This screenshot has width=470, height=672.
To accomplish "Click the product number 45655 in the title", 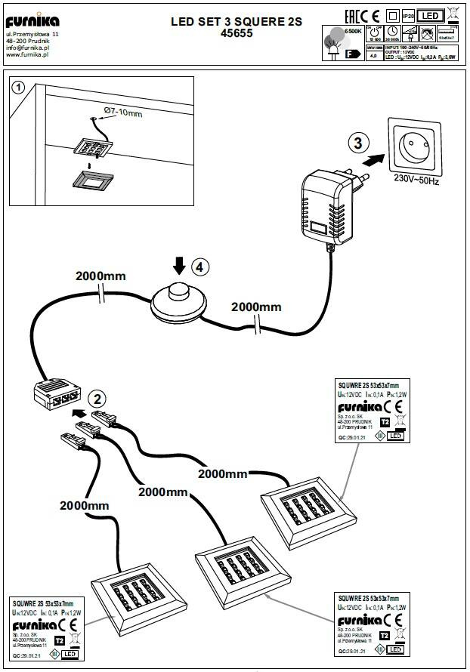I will [237, 34].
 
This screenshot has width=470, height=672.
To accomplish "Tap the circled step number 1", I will [19, 88].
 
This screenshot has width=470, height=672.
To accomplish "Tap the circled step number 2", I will [96, 399].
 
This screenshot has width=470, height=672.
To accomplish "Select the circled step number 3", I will [359, 142].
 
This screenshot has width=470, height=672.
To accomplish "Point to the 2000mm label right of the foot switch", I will [256, 307].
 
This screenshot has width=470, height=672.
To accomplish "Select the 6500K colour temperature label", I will [352, 32].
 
